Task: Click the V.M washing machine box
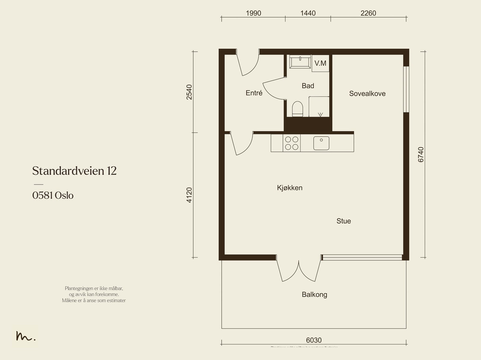coord(320,63)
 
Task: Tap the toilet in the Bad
coord(297,109)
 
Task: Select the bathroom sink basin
coord(300,62)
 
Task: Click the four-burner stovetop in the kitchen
coord(292,143)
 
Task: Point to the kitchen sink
coord(321,143)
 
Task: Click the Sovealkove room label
coord(367,93)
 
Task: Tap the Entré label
coord(254,93)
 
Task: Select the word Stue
coord(344,221)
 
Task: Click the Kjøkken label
coord(290,188)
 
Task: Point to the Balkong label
coord(314,294)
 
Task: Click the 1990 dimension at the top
coord(253,13)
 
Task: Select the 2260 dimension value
coord(368,13)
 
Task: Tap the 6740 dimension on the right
coord(421,154)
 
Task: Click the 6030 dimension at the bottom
coord(314,340)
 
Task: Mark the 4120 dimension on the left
coord(189,195)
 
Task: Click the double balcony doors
coord(299,270)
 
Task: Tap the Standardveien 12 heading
coord(74,171)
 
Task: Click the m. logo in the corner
coord(26,337)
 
